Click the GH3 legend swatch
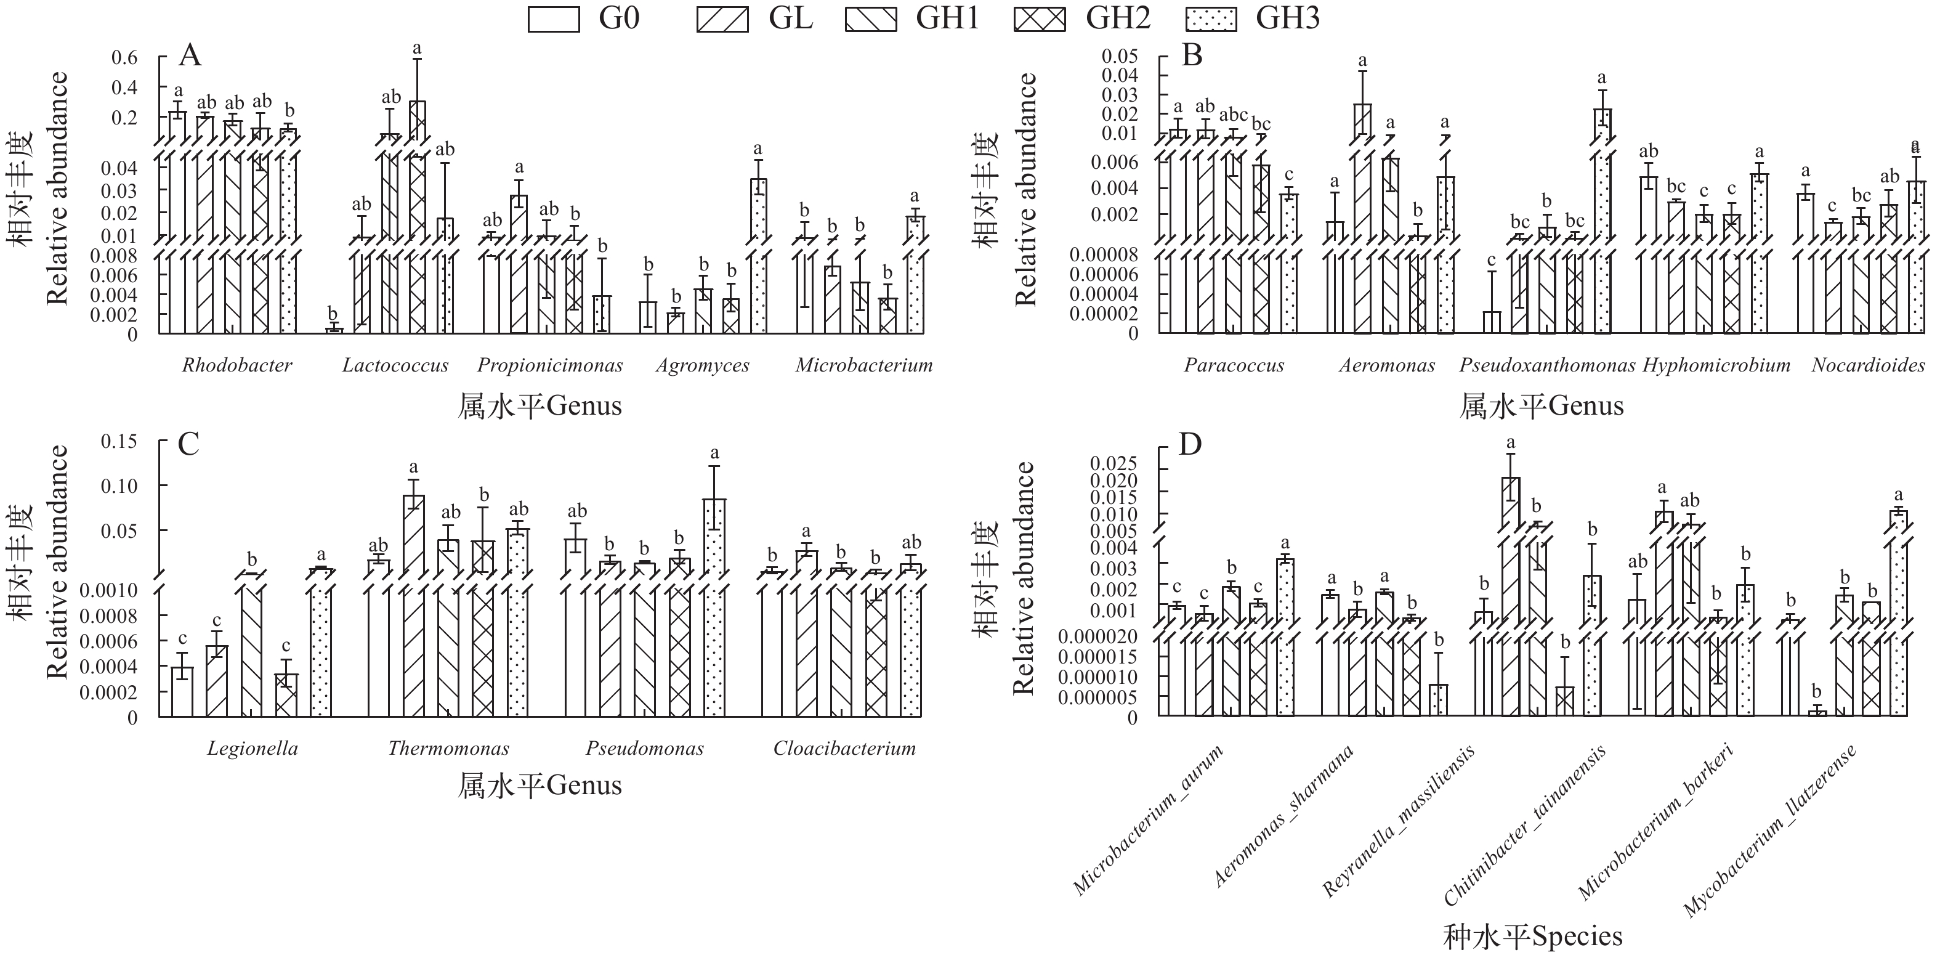(x=1210, y=19)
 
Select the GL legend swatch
(x=722, y=19)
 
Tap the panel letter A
(x=190, y=55)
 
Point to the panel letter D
(x=1190, y=444)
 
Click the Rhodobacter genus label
(x=236, y=366)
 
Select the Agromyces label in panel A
(x=702, y=366)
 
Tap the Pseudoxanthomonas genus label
(x=1547, y=366)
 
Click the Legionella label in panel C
(x=253, y=749)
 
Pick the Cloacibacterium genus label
(x=844, y=749)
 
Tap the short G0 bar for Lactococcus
(x=334, y=330)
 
